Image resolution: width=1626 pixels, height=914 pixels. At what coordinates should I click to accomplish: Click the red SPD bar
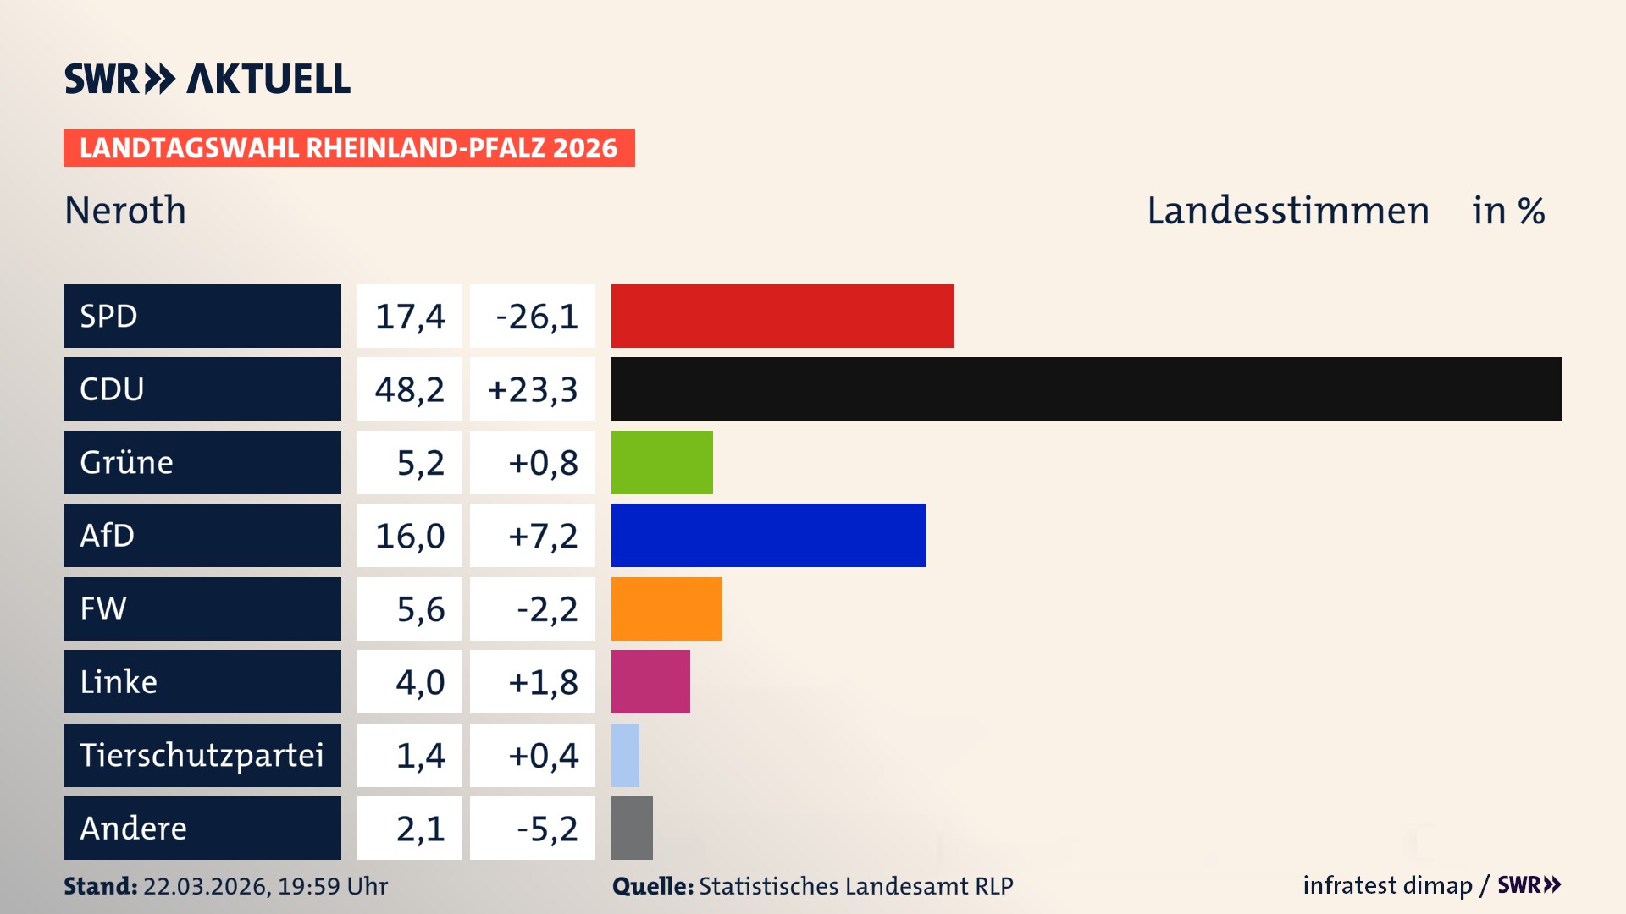(783, 316)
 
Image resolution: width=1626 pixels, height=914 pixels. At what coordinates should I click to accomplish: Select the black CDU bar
(1087, 388)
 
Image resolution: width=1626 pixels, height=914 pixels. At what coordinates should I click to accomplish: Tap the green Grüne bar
(661, 462)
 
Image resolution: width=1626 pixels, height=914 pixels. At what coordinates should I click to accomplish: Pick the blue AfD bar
(768, 535)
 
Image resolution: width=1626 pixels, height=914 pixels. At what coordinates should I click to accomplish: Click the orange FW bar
(666, 608)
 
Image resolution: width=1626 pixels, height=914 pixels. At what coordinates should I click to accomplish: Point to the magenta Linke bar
(650, 681)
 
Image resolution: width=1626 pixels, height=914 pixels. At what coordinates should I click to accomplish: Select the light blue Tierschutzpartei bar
(625, 755)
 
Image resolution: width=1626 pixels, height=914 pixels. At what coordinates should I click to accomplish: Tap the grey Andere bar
(632, 828)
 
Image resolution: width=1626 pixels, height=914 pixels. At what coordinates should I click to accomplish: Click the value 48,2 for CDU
(410, 389)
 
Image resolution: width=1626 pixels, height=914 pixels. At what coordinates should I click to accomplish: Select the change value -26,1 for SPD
(536, 317)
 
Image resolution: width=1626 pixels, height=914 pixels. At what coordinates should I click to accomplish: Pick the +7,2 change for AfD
(542, 536)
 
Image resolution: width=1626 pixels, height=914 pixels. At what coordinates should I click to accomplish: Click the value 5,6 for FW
(420, 609)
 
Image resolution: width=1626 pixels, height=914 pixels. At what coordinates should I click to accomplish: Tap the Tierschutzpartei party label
(202, 755)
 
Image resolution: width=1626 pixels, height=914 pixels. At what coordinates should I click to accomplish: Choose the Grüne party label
(127, 462)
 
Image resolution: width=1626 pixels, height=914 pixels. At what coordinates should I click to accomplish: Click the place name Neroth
(125, 210)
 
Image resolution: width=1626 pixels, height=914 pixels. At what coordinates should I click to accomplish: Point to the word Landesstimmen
(1287, 210)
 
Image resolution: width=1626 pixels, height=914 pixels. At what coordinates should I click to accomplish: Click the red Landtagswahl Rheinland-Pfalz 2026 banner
(349, 147)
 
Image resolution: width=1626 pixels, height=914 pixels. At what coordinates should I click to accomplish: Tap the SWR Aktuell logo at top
(207, 79)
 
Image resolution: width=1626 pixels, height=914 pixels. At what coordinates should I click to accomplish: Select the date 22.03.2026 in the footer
(206, 886)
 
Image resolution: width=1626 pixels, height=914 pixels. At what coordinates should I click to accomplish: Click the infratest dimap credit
(1386, 885)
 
